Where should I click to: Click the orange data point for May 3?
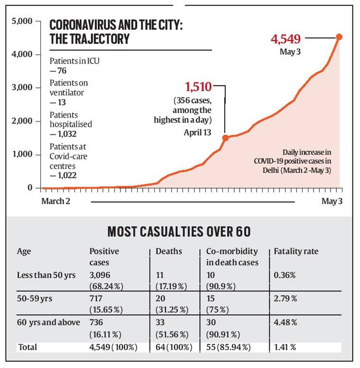(339, 37)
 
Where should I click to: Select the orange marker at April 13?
(225, 138)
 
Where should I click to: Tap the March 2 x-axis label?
(55, 201)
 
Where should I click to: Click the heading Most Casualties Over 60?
(179, 232)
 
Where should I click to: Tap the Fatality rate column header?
(296, 251)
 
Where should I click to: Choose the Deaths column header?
(168, 251)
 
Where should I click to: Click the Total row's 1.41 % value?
(285, 347)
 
